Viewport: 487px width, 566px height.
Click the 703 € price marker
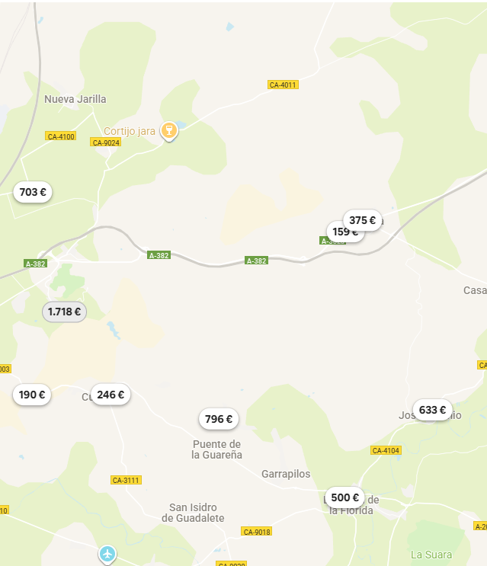point(33,192)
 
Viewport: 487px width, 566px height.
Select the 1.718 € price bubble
point(64,312)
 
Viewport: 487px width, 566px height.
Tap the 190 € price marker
point(32,395)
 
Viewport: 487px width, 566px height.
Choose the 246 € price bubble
point(111,395)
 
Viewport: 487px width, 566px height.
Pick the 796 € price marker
point(219,418)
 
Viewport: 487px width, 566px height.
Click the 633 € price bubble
point(432,410)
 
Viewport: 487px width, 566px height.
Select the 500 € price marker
point(344,497)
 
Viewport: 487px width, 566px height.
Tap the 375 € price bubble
point(363,220)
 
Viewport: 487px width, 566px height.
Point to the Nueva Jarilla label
point(75,99)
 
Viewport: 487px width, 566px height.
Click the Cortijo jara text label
point(130,131)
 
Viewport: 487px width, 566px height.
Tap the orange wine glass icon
point(170,131)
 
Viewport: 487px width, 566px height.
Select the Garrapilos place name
point(286,474)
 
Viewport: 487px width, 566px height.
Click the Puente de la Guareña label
point(217,449)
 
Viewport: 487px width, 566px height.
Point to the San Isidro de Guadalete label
point(193,513)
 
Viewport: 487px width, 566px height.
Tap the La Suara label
point(431,555)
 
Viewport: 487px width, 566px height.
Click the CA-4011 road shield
point(283,85)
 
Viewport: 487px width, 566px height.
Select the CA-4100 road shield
point(61,136)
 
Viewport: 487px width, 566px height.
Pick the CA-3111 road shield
point(126,480)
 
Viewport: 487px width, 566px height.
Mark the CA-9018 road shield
point(256,531)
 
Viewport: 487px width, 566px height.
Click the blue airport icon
point(107,553)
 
